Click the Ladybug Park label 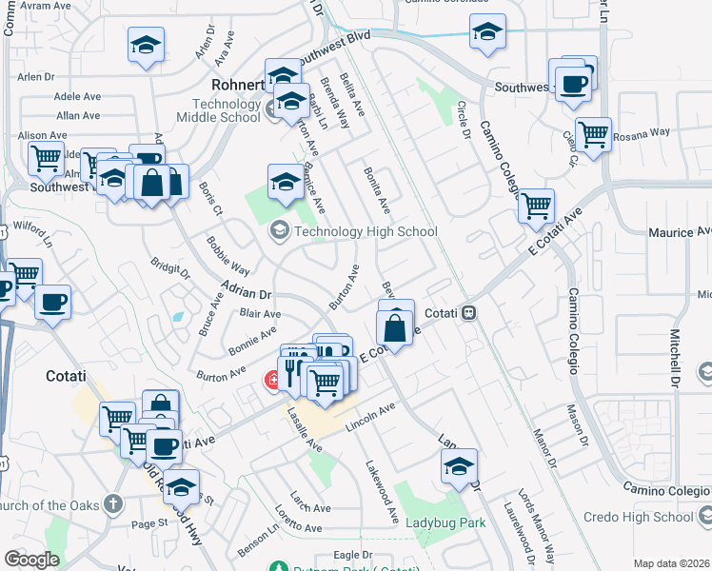[445, 522]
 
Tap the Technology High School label [366, 231]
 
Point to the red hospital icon [273, 381]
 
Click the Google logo [31, 560]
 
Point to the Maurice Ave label [680, 232]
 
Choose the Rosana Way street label [641, 135]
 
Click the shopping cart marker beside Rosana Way [593, 134]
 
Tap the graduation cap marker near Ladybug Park [459, 466]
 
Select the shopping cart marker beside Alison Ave [45, 159]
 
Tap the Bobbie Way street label [228, 259]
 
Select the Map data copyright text [671, 563]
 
